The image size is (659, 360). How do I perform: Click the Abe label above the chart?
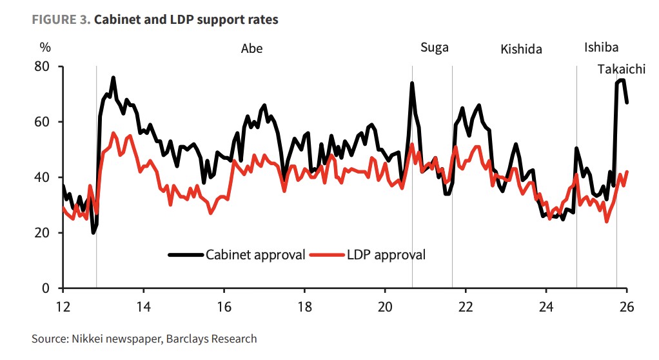tap(251, 48)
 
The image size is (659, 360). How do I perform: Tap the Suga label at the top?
tap(434, 47)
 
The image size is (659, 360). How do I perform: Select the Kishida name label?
tap(521, 49)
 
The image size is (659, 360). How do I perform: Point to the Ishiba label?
tap(601, 47)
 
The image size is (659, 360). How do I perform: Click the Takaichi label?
tap(621, 69)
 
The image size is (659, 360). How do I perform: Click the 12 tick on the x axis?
tap(63, 306)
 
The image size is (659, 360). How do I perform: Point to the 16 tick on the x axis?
tap(224, 306)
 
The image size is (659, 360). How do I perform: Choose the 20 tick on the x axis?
tap(385, 306)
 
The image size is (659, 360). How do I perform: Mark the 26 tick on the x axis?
tap(626, 306)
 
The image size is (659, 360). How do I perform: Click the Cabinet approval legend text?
tap(255, 254)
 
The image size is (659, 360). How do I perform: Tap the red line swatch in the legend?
tap(325, 254)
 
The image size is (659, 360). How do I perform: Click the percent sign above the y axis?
tap(44, 48)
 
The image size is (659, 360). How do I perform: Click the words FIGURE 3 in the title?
tap(61, 19)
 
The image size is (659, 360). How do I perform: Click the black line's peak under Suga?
tap(412, 83)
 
